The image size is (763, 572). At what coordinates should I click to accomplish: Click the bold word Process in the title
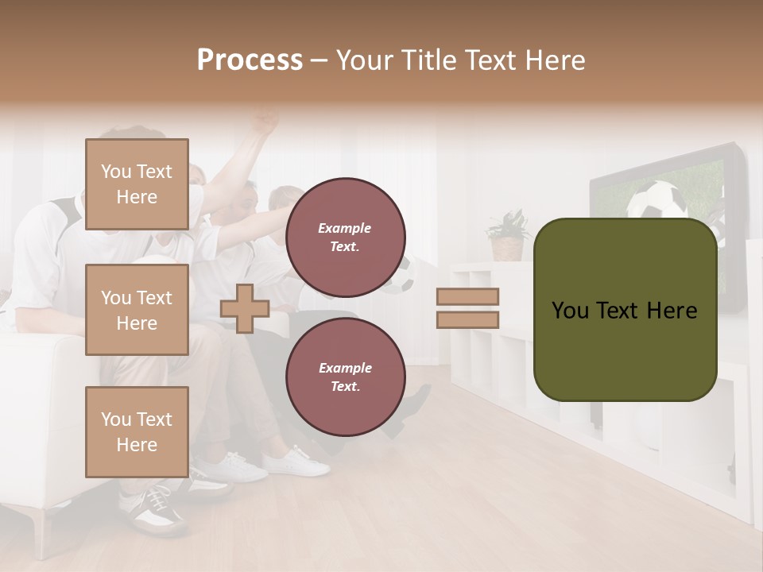[x=250, y=60]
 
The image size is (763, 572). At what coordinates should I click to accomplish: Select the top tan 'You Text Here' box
[x=137, y=184]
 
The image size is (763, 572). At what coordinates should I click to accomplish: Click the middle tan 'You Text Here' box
[x=137, y=310]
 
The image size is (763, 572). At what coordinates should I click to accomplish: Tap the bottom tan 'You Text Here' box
[x=137, y=431]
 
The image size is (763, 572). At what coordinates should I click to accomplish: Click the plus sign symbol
[x=245, y=308]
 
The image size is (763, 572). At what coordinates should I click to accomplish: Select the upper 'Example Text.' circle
[x=345, y=238]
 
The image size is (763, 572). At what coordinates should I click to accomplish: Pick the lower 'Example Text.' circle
[x=345, y=377]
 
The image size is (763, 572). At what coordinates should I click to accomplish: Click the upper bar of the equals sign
[x=467, y=297]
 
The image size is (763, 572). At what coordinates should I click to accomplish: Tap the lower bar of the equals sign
[x=467, y=319]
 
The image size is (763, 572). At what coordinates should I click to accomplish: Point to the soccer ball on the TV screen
[x=656, y=200]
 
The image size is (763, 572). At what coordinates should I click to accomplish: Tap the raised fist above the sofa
[x=265, y=122]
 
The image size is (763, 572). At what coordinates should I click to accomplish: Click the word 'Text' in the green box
[x=623, y=311]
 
